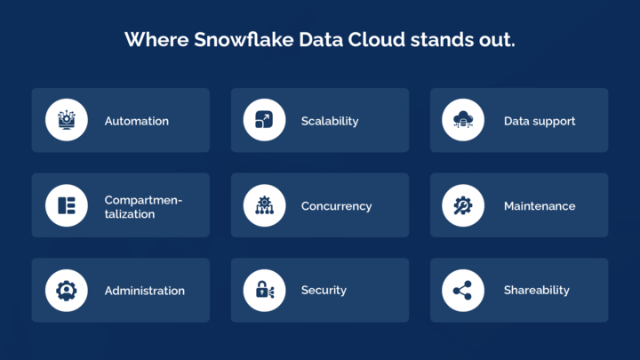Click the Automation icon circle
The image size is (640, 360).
click(67, 120)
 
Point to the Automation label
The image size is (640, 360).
click(136, 121)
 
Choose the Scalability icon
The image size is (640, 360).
click(264, 120)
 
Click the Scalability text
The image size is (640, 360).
click(330, 121)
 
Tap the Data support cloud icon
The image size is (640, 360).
click(463, 120)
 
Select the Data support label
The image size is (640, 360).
click(540, 121)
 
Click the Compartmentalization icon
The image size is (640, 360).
click(67, 205)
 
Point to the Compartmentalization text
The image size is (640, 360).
click(143, 206)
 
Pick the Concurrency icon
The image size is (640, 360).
click(264, 205)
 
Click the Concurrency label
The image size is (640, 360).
click(336, 206)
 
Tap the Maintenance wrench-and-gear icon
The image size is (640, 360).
click(463, 205)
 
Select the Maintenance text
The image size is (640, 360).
click(540, 206)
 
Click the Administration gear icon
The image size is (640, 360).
click(67, 290)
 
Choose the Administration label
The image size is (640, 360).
click(145, 291)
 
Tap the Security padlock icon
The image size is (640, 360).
click(264, 290)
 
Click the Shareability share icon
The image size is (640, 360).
click(463, 290)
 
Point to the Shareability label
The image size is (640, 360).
click(537, 291)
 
